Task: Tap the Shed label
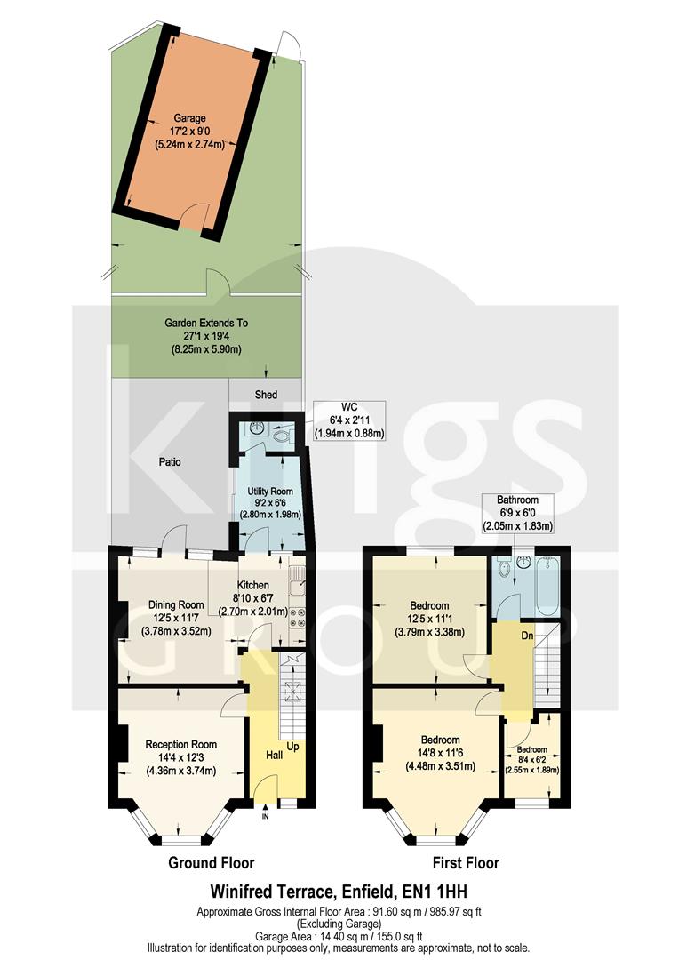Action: click(x=266, y=395)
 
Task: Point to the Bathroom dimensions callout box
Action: click(x=517, y=513)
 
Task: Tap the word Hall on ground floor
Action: click(x=276, y=755)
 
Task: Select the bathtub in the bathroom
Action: click(x=546, y=587)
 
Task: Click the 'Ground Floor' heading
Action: click(x=212, y=862)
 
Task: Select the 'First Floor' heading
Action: click(x=466, y=862)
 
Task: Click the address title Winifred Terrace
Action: click(x=338, y=890)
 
